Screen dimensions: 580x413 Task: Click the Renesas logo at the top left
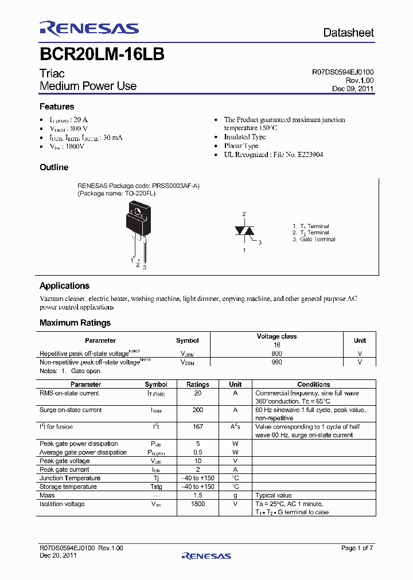tap(89, 29)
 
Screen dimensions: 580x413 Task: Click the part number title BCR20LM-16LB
tap(102, 54)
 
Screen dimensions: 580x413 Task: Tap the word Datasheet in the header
tap(348, 33)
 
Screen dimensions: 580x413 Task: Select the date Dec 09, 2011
tap(353, 89)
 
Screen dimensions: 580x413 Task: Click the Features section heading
tap(57, 107)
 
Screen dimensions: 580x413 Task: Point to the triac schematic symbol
tap(244, 230)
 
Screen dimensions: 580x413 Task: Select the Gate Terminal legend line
tap(314, 240)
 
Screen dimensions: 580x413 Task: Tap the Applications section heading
tap(64, 286)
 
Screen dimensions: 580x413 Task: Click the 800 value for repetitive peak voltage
tap(276, 354)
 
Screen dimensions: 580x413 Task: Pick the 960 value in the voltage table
tap(276, 362)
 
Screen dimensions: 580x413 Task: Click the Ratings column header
tap(198, 384)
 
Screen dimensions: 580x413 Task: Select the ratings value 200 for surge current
tap(198, 410)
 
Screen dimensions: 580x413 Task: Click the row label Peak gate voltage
tap(64, 461)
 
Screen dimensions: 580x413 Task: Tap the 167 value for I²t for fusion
tap(198, 427)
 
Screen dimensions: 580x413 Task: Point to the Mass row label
tap(47, 495)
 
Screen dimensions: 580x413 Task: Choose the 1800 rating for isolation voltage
tap(198, 504)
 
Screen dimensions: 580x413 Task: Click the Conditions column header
tap(314, 384)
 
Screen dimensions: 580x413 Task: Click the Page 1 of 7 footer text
tap(357, 548)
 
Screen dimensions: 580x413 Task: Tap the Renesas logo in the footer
tap(206, 555)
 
